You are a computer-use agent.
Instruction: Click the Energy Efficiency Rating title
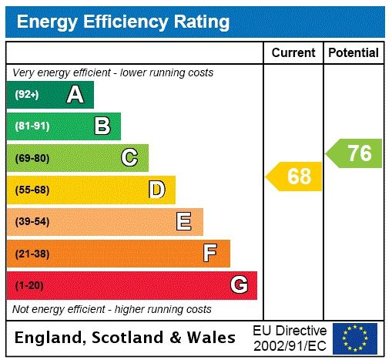[x=123, y=22]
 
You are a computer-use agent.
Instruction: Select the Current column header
[x=293, y=53]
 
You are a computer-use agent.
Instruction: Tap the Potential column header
[x=353, y=53]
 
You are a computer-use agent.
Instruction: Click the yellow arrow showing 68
[x=295, y=177]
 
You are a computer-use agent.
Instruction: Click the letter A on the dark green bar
[x=75, y=95]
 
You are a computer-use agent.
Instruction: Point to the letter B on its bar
[x=102, y=126]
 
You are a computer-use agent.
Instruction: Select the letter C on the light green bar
[x=129, y=158]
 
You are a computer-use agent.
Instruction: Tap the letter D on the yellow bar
[x=156, y=190]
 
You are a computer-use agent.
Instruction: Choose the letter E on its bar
[x=184, y=222]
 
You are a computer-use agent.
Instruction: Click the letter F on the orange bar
[x=210, y=254]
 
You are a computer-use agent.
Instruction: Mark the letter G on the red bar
[x=239, y=285]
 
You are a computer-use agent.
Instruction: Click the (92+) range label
[x=27, y=95]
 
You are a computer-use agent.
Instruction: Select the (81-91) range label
[x=32, y=126]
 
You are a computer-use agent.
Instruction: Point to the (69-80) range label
[x=32, y=158]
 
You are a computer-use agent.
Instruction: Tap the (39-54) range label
[x=32, y=222]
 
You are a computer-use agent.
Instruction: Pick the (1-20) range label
[x=29, y=285]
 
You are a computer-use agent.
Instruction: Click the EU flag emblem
[x=355, y=338]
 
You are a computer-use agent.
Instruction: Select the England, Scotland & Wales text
[x=126, y=338]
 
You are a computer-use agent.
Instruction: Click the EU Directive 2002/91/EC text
[x=290, y=338]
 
